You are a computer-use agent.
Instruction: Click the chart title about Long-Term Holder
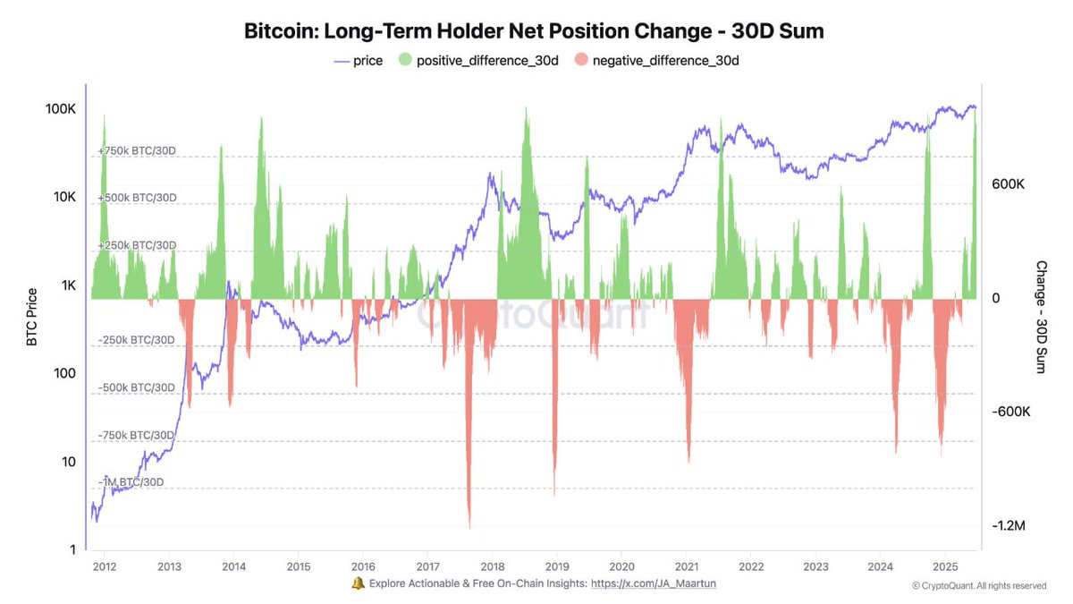tap(534, 30)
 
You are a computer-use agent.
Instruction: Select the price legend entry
tap(359, 60)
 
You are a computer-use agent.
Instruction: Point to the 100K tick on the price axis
tap(60, 108)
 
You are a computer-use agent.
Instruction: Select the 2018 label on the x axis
tap(492, 567)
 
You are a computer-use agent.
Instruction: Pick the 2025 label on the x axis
tap(944, 567)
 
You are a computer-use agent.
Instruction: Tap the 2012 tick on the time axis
tap(105, 567)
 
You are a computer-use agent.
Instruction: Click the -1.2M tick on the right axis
tap(1008, 525)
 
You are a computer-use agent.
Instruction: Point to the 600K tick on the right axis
tap(1008, 183)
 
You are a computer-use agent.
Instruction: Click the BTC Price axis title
tap(32, 318)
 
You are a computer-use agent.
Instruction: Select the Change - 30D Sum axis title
tap(1041, 318)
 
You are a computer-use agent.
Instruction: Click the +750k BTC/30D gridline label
tap(137, 151)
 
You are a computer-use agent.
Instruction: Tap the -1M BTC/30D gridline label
tap(131, 482)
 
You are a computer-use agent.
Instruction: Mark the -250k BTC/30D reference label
tap(137, 340)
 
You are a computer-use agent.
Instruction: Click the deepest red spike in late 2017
tap(469, 523)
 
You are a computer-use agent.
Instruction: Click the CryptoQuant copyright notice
tap(978, 586)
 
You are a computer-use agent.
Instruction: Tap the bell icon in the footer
tap(358, 583)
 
